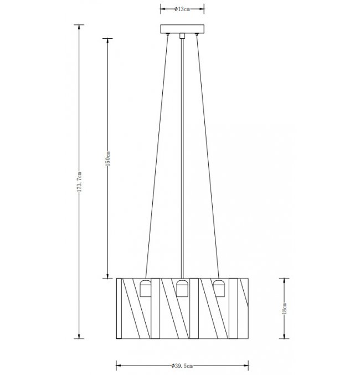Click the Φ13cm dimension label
[x=182, y=9]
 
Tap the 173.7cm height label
[x=79, y=182]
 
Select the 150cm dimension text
[x=107, y=158]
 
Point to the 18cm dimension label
[x=285, y=309]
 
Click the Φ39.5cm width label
[x=182, y=366]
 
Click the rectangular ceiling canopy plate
[x=182, y=29]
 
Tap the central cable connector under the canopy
[x=182, y=35]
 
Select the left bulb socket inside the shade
[x=146, y=288]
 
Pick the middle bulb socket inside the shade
[x=182, y=288]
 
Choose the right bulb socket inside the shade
[x=219, y=288]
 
